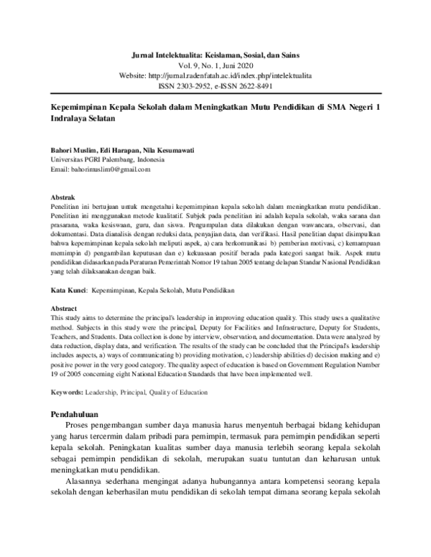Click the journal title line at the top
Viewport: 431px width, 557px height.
[x=215, y=55]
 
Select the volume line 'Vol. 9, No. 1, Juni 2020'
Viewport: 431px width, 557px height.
[x=215, y=65]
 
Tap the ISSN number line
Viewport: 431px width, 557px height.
[x=215, y=84]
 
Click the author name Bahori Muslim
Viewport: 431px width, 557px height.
[x=72, y=150]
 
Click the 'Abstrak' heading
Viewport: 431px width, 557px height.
[x=61, y=196]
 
